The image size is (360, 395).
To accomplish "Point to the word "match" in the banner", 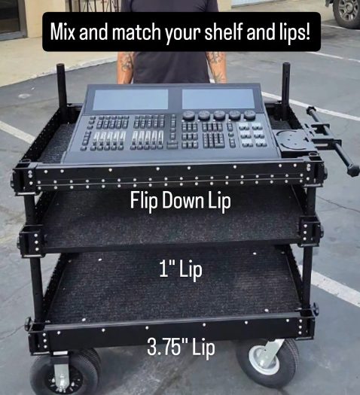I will (x=132, y=34).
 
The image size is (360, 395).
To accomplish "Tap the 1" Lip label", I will (x=181, y=270).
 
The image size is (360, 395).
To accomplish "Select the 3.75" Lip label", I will (x=181, y=348).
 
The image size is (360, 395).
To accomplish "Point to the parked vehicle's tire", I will (x=346, y=14).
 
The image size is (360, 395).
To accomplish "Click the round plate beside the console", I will (x=292, y=140).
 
